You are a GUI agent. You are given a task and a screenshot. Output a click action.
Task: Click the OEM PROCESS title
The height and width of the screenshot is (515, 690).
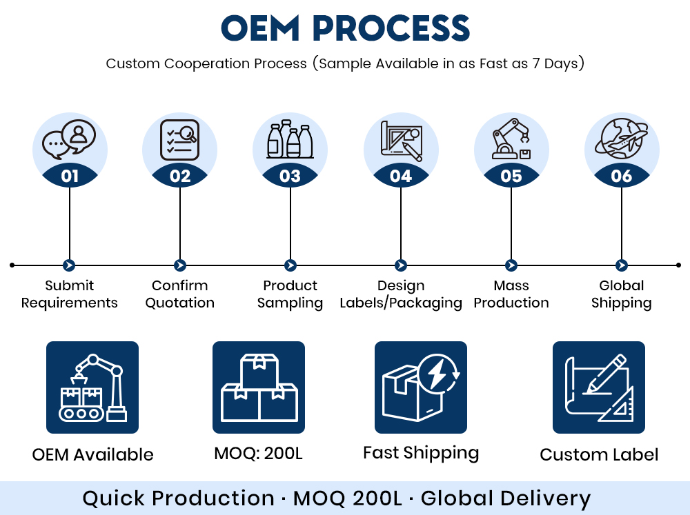(346, 28)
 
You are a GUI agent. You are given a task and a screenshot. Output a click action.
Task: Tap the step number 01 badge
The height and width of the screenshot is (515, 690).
(70, 176)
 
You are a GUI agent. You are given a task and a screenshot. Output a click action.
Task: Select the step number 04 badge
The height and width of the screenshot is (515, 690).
(401, 176)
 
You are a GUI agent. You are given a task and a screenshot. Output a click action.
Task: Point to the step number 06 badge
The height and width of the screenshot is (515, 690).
(622, 176)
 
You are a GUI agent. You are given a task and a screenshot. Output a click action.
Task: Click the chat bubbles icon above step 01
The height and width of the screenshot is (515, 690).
(69, 139)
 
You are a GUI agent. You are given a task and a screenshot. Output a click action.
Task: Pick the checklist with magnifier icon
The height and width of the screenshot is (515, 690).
(179, 140)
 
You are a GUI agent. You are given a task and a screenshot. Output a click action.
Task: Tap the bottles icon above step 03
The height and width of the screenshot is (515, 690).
(290, 139)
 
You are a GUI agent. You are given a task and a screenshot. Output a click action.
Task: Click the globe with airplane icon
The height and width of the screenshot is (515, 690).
(622, 138)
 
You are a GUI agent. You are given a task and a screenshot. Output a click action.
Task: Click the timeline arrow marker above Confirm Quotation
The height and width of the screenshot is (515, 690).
(180, 265)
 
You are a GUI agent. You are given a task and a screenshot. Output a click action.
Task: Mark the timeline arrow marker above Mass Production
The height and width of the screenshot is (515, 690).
(511, 265)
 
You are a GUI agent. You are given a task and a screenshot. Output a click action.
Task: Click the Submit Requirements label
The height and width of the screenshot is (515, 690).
(70, 294)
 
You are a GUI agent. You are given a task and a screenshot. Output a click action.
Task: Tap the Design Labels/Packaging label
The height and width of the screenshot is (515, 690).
(401, 294)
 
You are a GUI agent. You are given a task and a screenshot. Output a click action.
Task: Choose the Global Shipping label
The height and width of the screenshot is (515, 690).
(622, 294)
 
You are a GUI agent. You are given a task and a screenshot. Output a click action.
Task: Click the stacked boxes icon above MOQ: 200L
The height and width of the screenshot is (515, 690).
(259, 387)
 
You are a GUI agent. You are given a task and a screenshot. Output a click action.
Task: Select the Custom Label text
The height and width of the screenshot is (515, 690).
(599, 454)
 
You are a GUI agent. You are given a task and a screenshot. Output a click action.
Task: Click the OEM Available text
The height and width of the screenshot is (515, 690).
(93, 454)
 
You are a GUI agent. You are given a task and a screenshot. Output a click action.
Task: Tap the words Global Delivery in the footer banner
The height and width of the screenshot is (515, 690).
(506, 499)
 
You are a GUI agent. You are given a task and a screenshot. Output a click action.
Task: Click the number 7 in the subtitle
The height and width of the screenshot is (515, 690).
(535, 63)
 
